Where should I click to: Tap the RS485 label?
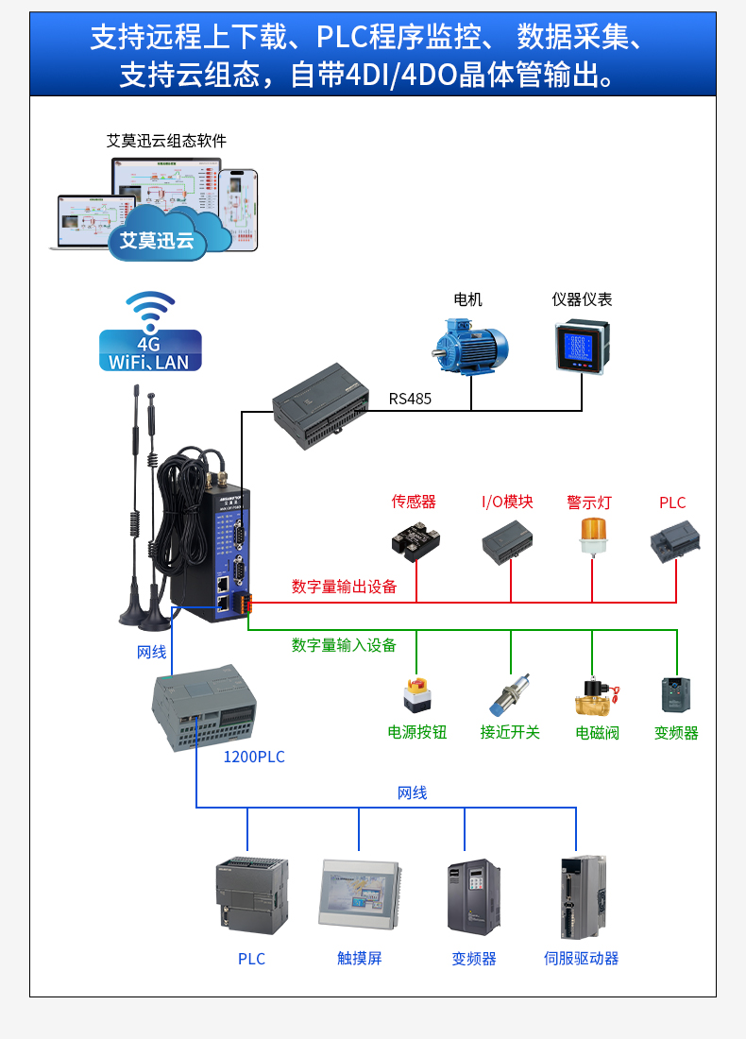pyautogui.click(x=410, y=399)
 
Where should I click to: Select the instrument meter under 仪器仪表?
pyautogui.click(x=581, y=346)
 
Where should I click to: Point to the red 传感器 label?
pyautogui.click(x=414, y=502)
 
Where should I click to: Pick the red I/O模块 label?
pyautogui.click(x=507, y=502)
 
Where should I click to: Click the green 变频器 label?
pyautogui.click(x=676, y=733)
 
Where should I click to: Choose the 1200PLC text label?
pyautogui.click(x=253, y=757)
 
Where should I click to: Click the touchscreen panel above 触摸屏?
pyautogui.click(x=360, y=894)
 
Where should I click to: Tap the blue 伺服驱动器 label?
pyautogui.click(x=581, y=959)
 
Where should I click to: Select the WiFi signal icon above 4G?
pyautogui.click(x=150, y=310)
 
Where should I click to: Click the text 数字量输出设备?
pyautogui.click(x=344, y=587)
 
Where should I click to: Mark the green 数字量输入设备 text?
pyautogui.click(x=344, y=645)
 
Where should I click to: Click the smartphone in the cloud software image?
pyautogui.click(x=242, y=208)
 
